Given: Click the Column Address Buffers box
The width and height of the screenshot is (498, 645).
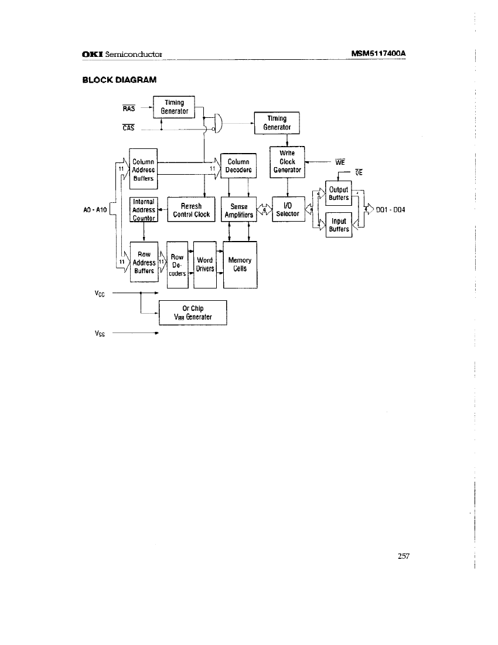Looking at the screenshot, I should tap(143, 169).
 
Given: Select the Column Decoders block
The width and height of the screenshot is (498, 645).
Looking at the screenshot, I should tap(238, 166).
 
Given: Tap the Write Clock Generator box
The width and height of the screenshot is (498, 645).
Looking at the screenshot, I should tap(287, 161).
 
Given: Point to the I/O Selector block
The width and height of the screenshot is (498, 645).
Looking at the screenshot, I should tap(288, 209).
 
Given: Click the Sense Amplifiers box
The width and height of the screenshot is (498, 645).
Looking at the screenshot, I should tap(239, 211).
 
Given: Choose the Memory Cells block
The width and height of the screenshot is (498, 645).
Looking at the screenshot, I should tap(240, 264).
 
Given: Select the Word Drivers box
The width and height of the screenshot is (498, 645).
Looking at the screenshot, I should tap(204, 264).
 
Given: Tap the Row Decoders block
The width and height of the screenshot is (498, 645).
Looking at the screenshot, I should tap(177, 264).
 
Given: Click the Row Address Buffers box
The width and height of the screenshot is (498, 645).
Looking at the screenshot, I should tap(144, 263).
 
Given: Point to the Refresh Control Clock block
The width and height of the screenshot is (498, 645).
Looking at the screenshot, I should tap(192, 211).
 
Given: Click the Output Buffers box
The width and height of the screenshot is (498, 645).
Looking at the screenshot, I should tap(339, 193).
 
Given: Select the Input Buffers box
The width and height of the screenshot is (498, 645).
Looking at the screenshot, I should tap(339, 225).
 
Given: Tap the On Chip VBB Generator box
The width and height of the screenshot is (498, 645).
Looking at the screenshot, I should tap(193, 313).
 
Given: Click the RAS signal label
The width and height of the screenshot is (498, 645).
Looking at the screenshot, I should tap(129, 108).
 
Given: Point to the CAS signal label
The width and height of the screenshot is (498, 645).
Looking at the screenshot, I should tap(129, 129).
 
